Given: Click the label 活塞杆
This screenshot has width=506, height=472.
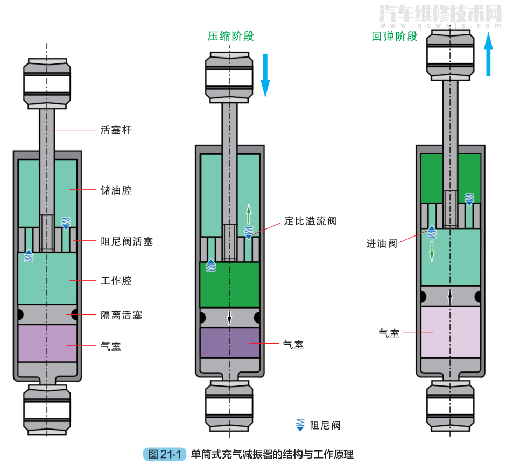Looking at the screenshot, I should tap(116, 130).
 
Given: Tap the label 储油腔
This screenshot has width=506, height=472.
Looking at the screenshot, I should tap(116, 190).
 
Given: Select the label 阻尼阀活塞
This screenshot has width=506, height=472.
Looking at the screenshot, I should tap(127, 241).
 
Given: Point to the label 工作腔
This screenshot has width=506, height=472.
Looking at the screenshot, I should tap(116, 281).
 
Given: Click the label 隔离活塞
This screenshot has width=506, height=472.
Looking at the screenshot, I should tap(121, 315).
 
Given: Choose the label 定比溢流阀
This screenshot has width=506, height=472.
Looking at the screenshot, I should tap(310, 221).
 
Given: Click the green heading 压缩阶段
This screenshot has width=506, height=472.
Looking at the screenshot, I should tap(230, 36).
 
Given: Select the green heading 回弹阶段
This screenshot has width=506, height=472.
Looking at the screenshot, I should tap(395, 36).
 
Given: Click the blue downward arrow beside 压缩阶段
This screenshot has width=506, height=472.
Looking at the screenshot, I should tap(265, 75).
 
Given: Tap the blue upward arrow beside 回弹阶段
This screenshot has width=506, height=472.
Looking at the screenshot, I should tap(488, 54).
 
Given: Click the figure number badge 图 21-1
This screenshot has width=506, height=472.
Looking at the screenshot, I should tap(165, 454).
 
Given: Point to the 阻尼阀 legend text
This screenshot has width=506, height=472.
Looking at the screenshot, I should tap(325, 425).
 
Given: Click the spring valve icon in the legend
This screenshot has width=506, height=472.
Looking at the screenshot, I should tap(300, 425).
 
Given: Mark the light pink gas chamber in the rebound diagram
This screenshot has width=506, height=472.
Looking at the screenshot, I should tap(450, 332).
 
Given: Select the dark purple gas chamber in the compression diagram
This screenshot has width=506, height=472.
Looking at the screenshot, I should tap(230, 343).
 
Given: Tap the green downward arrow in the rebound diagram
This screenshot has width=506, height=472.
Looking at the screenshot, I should tap(432, 251).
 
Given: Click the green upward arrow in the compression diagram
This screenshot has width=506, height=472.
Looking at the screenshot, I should tap(249, 214).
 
